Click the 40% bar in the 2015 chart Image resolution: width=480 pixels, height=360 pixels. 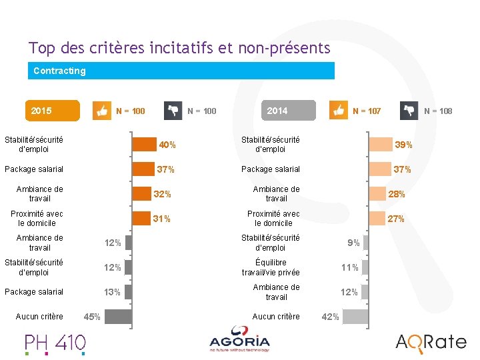144,144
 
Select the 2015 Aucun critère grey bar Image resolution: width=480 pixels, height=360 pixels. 119,317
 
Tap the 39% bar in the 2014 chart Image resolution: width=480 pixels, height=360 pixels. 381,144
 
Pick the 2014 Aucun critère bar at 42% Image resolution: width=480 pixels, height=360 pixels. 355,317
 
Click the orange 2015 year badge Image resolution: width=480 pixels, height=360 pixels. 53,111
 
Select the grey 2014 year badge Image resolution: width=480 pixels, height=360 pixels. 289,110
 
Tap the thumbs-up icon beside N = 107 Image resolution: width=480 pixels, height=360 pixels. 338,110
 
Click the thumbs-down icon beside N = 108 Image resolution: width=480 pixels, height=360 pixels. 409,111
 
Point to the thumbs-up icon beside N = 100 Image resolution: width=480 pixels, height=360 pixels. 102,111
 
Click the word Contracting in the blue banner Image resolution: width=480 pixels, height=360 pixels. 60,71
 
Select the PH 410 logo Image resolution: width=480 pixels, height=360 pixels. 55,344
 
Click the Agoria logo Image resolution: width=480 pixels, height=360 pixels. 239,339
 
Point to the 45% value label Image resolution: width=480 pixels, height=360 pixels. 92,317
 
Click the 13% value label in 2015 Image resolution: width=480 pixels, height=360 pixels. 113,293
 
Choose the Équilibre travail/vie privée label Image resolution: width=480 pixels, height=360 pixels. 271,267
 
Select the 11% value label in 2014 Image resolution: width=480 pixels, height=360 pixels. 350,267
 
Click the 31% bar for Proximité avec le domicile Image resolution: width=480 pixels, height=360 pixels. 141,218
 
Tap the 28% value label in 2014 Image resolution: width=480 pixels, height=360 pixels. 397,194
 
